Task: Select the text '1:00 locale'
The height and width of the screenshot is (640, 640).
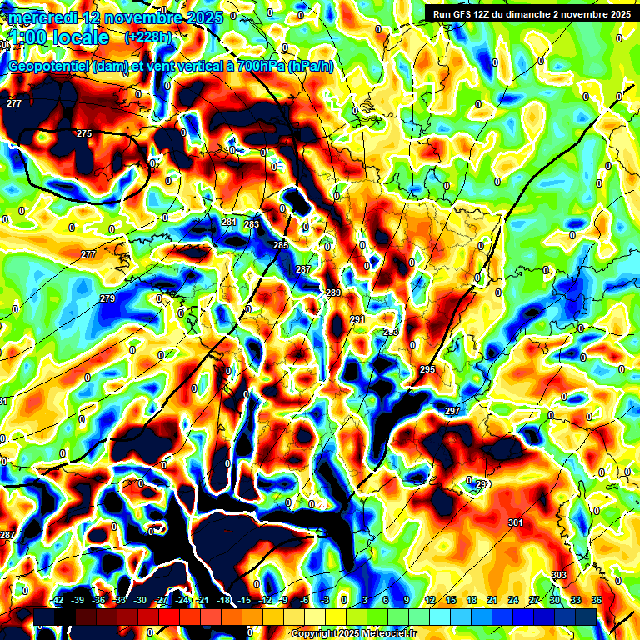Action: (x=58, y=38)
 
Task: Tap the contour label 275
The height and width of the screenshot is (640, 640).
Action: (x=84, y=134)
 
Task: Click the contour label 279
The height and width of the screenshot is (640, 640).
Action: (x=107, y=298)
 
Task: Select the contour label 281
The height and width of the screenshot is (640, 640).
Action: (x=229, y=222)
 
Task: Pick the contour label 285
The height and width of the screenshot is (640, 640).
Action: (x=281, y=246)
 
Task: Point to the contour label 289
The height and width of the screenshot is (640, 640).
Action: (x=333, y=292)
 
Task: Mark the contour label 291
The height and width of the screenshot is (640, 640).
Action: (x=357, y=320)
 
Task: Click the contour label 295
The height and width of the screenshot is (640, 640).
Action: (x=427, y=369)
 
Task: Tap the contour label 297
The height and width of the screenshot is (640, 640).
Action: (x=452, y=412)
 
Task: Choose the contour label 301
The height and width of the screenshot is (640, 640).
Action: (x=515, y=522)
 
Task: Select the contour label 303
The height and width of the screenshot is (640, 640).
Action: (x=559, y=576)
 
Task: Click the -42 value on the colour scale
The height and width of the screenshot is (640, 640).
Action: (x=57, y=600)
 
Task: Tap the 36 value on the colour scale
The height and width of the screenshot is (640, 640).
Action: (x=597, y=600)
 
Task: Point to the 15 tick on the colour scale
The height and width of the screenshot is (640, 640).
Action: (x=451, y=600)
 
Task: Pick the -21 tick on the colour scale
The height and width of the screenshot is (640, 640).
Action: (x=202, y=600)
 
